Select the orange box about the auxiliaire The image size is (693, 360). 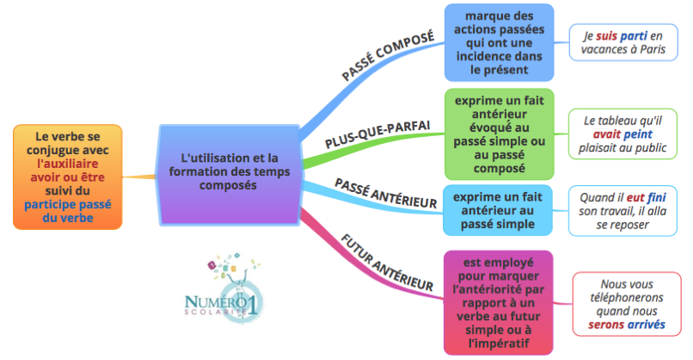click(x=66, y=177)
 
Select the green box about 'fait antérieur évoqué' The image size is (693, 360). click(x=499, y=133)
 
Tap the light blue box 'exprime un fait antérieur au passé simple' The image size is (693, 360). click(x=499, y=209)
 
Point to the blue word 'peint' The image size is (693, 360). click(x=639, y=134)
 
